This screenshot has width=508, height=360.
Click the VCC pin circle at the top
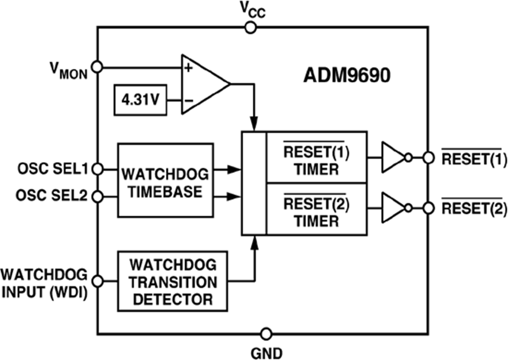251,27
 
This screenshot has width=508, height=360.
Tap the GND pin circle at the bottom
266,333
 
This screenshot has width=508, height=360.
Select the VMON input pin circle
97,67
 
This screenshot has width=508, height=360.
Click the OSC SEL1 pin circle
97,168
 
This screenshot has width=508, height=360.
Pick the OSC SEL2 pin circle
97,196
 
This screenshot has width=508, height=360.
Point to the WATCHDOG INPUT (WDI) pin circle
97,280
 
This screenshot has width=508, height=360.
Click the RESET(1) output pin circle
428,158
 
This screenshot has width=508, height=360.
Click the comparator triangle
203,84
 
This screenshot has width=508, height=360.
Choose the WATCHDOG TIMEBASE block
165,180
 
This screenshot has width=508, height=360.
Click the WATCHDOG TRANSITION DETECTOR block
173,281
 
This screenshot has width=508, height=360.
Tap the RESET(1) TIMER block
316,157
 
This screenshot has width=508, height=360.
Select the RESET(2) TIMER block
316,209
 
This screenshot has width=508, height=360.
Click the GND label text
266,352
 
